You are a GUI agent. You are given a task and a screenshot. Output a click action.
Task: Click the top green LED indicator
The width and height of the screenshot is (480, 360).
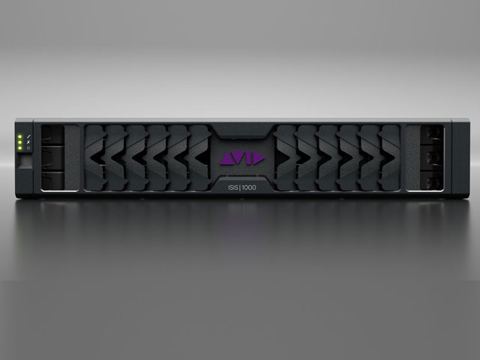19,136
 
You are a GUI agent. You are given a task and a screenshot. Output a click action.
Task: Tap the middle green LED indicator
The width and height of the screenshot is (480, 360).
19,142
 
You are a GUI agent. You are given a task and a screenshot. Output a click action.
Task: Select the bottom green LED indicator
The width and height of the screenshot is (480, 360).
19,148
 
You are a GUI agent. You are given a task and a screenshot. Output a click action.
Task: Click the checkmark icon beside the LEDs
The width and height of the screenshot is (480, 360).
28,136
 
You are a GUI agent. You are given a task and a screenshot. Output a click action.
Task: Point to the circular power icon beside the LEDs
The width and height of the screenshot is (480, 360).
28,148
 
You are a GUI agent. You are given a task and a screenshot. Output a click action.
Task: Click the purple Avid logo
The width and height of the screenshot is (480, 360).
242,158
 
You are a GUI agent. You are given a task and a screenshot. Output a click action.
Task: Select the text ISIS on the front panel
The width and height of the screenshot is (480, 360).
233,187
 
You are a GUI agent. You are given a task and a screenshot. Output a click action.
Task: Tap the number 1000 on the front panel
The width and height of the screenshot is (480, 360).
249,187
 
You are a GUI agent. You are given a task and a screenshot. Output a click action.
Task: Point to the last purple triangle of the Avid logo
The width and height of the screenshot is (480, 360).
258,158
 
